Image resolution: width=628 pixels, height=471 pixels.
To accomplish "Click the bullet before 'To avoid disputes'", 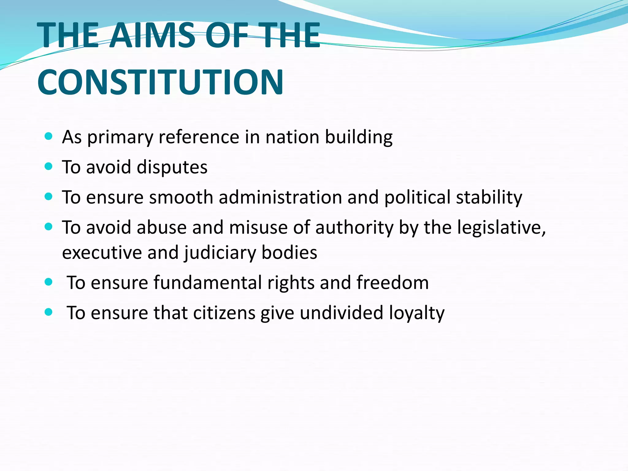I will coord(48,167).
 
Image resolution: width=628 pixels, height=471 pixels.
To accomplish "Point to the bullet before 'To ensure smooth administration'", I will coord(48,197).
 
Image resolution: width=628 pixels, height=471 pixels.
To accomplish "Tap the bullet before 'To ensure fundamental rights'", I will coord(48,282).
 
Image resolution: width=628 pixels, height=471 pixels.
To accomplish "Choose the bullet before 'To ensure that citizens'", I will coord(48,312).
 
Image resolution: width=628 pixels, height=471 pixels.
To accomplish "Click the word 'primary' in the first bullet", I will coord(120,137).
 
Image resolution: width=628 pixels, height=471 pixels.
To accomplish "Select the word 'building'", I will coord(358,137).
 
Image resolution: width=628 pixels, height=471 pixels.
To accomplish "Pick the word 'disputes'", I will coord(172,167).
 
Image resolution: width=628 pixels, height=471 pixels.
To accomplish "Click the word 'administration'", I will coord(280,197).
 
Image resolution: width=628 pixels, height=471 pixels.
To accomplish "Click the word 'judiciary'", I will coord(220,253).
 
